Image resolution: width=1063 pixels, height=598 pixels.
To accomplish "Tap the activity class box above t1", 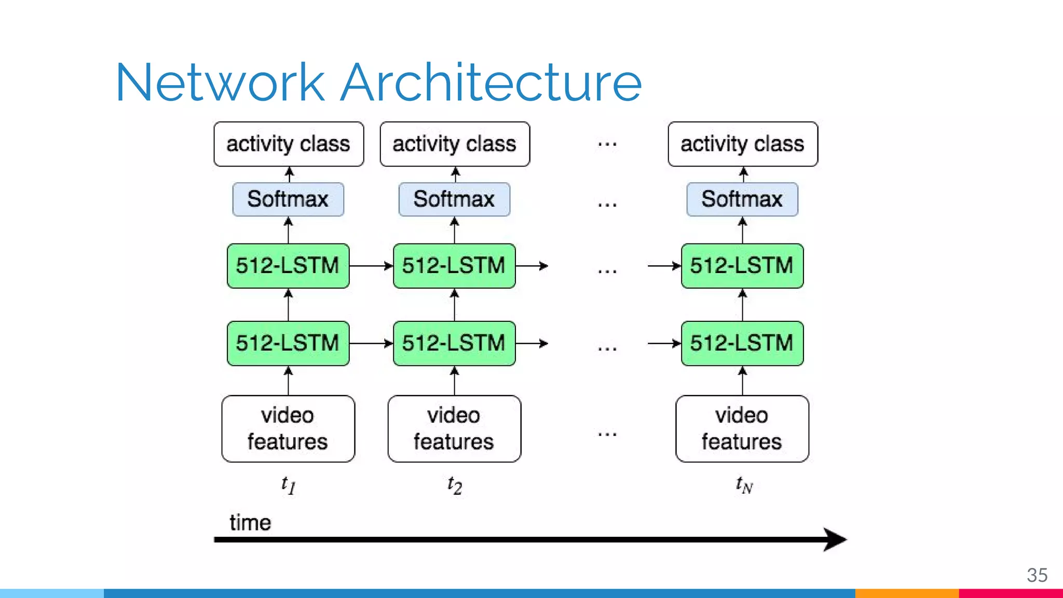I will (x=289, y=144).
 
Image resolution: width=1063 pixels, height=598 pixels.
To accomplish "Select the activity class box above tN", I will (x=743, y=144).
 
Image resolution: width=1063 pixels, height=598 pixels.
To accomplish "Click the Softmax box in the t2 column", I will (x=454, y=199).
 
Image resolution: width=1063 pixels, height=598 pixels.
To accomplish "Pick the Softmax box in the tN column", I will (x=742, y=199).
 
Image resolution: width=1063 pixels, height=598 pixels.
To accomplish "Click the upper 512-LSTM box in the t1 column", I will (x=288, y=266).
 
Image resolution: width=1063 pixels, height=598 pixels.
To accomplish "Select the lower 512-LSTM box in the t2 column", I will (x=454, y=343).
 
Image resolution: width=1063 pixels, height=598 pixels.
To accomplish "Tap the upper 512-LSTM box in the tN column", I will (x=742, y=266).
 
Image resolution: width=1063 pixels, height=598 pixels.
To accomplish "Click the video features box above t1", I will (x=288, y=429).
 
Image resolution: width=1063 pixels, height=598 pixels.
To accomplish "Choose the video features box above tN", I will (x=742, y=429).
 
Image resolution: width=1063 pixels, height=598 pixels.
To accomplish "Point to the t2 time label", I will (x=455, y=485).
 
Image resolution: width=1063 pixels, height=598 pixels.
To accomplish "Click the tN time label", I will (x=744, y=485).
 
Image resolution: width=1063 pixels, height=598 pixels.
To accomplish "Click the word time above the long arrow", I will (x=250, y=523).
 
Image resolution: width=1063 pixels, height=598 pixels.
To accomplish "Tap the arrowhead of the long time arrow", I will (x=836, y=540).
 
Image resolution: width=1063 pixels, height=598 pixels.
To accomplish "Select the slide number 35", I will (x=1037, y=575).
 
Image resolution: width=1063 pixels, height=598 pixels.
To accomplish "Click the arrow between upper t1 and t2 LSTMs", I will (x=371, y=266).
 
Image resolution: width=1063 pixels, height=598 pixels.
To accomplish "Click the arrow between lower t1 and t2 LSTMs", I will (x=371, y=343).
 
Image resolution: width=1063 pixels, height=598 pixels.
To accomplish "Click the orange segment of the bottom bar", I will (x=907, y=593).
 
